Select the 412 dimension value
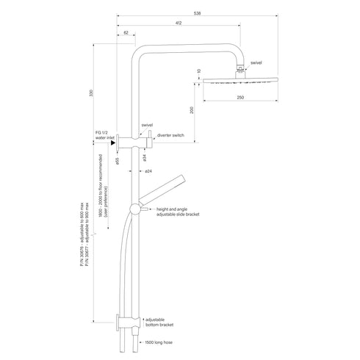tap(179, 24)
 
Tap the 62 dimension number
tap(126, 34)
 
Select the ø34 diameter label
tap(145, 156)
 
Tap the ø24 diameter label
tap(148, 171)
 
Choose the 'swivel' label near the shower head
tap(256, 63)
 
